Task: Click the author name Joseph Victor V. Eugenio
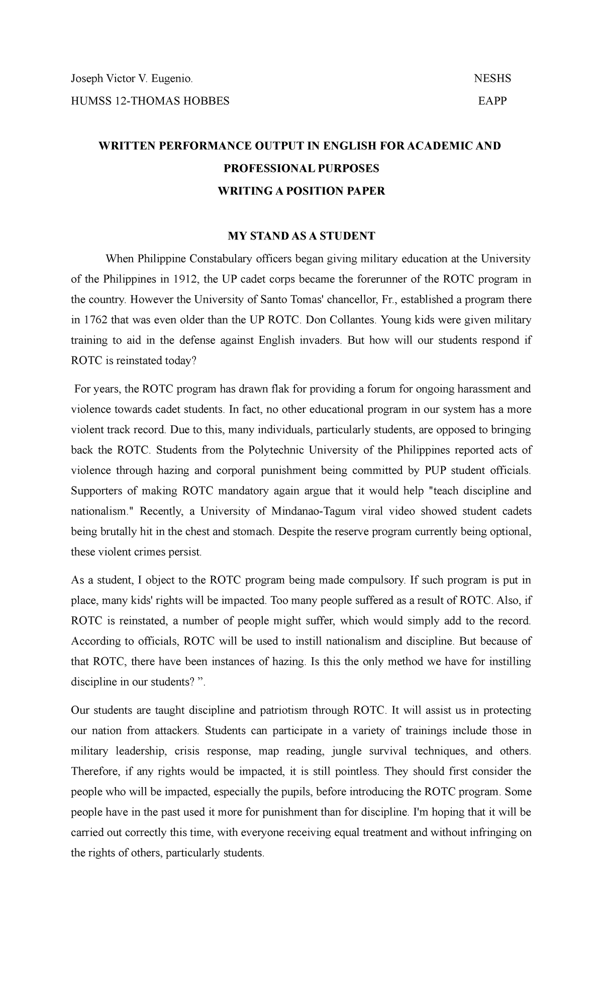131,78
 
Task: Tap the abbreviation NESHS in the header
492,78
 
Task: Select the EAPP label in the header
492,101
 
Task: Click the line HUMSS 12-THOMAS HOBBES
150,101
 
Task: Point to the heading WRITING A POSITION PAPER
300,191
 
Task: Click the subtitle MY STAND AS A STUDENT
301,236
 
